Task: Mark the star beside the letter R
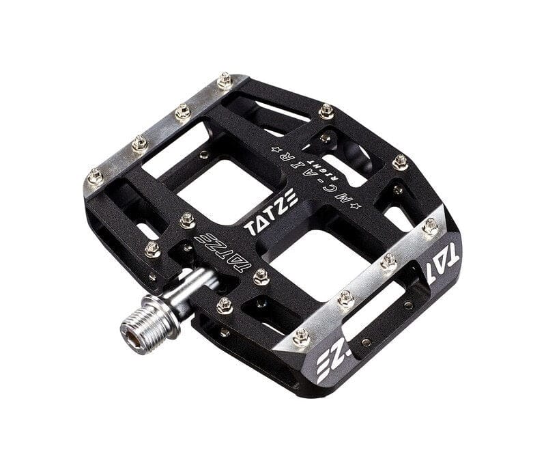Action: pyautogui.click(x=276, y=148)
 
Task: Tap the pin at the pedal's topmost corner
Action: pyautogui.click(x=224, y=81)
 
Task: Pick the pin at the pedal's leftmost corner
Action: pyautogui.click(x=96, y=177)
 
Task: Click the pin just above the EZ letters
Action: pyautogui.click(x=301, y=336)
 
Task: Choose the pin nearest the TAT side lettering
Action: pyautogui.click(x=429, y=225)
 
